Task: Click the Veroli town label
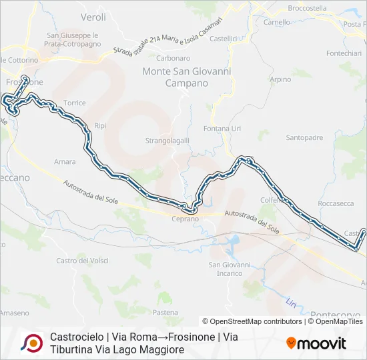[x=93, y=16]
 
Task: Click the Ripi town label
[x=101, y=125]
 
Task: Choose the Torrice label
[x=75, y=103]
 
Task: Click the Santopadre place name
[x=304, y=138]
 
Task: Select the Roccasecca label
[x=336, y=203]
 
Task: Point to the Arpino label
[x=281, y=79]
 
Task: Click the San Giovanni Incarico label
[x=230, y=269]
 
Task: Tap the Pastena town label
[x=165, y=312]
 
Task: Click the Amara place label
[x=65, y=161]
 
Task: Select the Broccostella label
[x=307, y=8]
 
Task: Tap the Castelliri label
[x=224, y=39]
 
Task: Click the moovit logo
[x=316, y=343]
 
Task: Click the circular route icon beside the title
[x=31, y=343]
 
